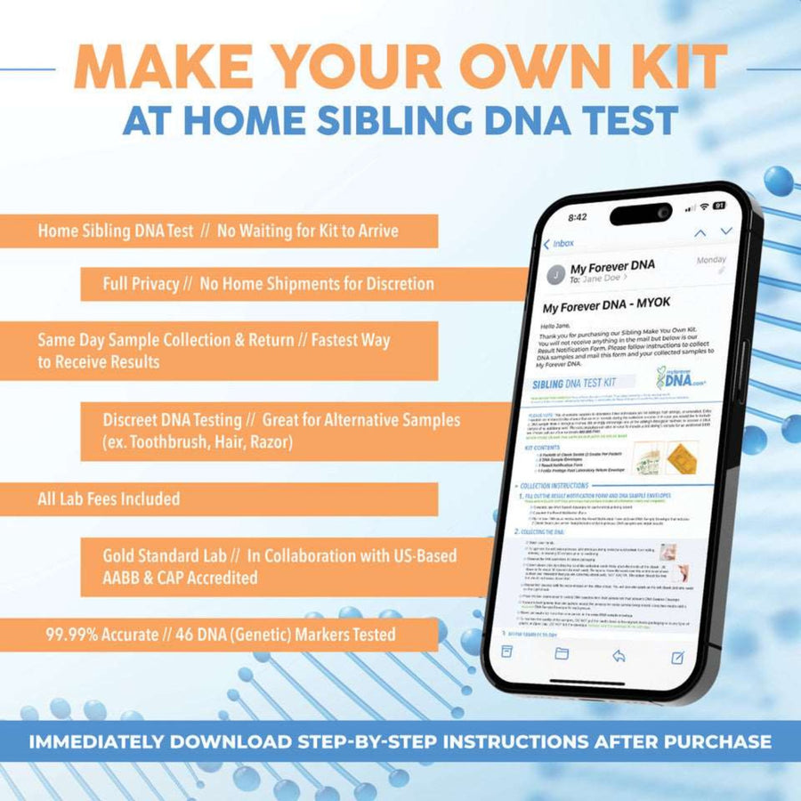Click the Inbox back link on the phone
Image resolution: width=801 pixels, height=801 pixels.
559,243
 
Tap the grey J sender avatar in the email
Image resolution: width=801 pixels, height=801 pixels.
556,273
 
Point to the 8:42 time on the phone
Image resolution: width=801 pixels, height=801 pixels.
578,216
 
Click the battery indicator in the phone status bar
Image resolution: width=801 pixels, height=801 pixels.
720,206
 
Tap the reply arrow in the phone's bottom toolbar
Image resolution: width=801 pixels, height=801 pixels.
619,655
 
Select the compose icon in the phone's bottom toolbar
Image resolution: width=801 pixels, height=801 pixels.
677,657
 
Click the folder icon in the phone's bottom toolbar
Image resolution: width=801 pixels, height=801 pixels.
562,653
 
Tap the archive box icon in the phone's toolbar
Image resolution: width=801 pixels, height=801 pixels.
506,651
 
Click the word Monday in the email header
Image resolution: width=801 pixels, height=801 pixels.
711,260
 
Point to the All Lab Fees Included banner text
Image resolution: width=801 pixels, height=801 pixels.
109,498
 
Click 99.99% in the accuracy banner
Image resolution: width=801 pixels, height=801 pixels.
74,634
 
